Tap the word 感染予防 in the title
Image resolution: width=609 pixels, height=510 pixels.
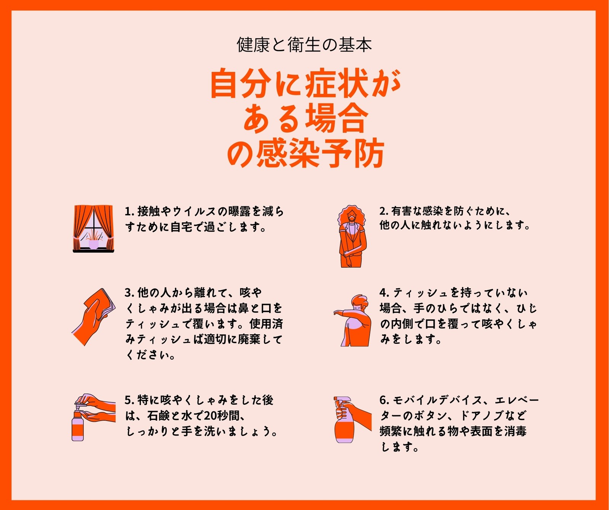pyautogui.click(x=320, y=154)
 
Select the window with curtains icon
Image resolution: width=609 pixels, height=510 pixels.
pyautogui.click(x=93, y=229)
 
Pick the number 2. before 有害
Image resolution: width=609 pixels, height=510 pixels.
pyautogui.click(x=384, y=211)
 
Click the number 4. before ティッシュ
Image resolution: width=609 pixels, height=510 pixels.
pyautogui.click(x=384, y=293)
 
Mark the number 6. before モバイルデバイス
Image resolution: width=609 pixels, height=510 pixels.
pyautogui.click(x=384, y=400)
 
